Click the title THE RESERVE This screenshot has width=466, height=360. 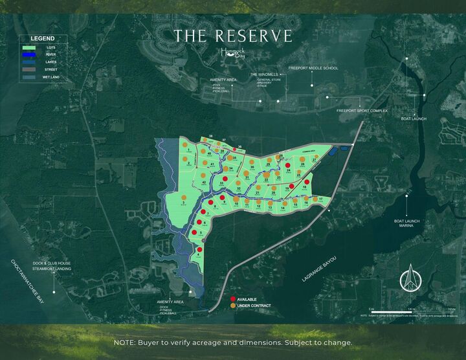[x=233, y=36]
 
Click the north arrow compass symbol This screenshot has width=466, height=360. [x=409, y=278]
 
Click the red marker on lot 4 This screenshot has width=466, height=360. [x=199, y=249]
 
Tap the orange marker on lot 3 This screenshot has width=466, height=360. [x=184, y=197]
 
